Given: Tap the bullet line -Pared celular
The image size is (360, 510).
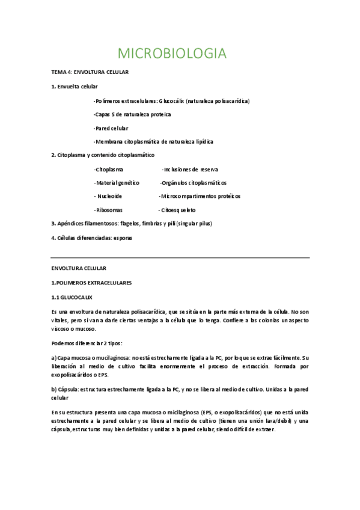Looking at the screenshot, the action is tap(111, 128).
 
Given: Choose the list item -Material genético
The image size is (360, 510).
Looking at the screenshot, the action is tap(117, 183).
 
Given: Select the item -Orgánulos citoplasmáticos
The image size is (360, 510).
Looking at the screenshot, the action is tap(193, 183).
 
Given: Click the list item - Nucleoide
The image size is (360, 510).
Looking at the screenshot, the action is tap(108, 197).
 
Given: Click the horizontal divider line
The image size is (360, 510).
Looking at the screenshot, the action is tap(180, 258).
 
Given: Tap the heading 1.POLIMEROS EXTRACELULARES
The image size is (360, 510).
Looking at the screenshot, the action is tap(92, 281).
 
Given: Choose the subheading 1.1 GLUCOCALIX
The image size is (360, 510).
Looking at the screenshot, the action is tap(72, 297).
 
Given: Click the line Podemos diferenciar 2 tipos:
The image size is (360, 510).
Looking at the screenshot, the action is tap(87, 343).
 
